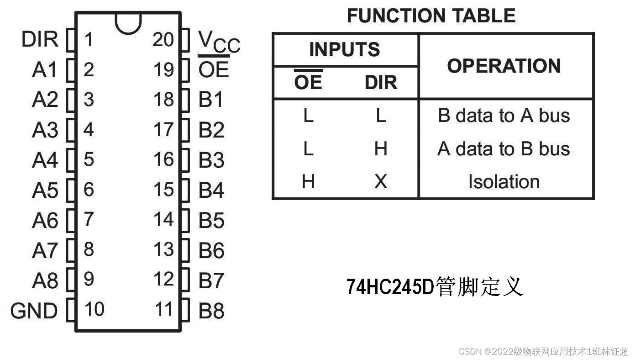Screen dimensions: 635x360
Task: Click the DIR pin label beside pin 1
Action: (x=40, y=40)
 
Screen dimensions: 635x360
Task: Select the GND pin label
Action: (x=34, y=311)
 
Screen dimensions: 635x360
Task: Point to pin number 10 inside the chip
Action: (x=94, y=309)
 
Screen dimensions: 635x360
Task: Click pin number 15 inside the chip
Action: (x=163, y=190)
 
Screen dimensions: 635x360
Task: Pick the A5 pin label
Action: (x=45, y=191)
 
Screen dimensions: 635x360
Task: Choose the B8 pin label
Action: (x=211, y=311)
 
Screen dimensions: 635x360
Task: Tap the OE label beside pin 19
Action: (x=214, y=70)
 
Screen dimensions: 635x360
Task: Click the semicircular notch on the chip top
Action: (x=128, y=23)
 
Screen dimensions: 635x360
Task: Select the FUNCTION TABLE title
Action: (x=431, y=16)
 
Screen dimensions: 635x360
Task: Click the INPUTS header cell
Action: (x=345, y=49)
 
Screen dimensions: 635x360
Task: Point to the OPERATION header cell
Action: (x=504, y=66)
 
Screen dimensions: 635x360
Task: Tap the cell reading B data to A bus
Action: (x=504, y=116)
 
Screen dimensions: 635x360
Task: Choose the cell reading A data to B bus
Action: (x=504, y=149)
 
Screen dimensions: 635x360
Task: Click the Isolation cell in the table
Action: (x=504, y=182)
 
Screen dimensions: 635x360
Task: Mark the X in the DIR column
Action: (x=381, y=182)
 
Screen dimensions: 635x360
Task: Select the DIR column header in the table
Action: (x=381, y=83)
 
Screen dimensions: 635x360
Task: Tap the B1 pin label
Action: (x=211, y=100)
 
